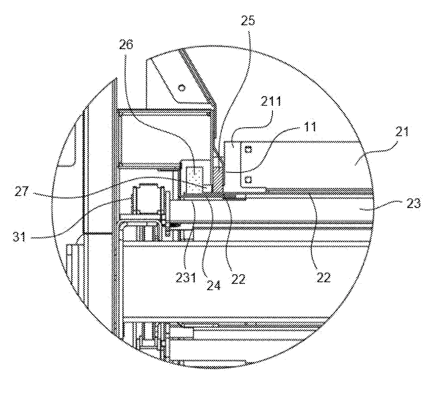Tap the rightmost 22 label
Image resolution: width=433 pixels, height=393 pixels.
[x=323, y=277]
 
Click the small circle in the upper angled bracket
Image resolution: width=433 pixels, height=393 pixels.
[x=182, y=88]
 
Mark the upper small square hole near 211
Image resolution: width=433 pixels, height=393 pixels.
[x=248, y=149]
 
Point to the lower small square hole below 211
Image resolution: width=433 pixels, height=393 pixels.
[x=247, y=179]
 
